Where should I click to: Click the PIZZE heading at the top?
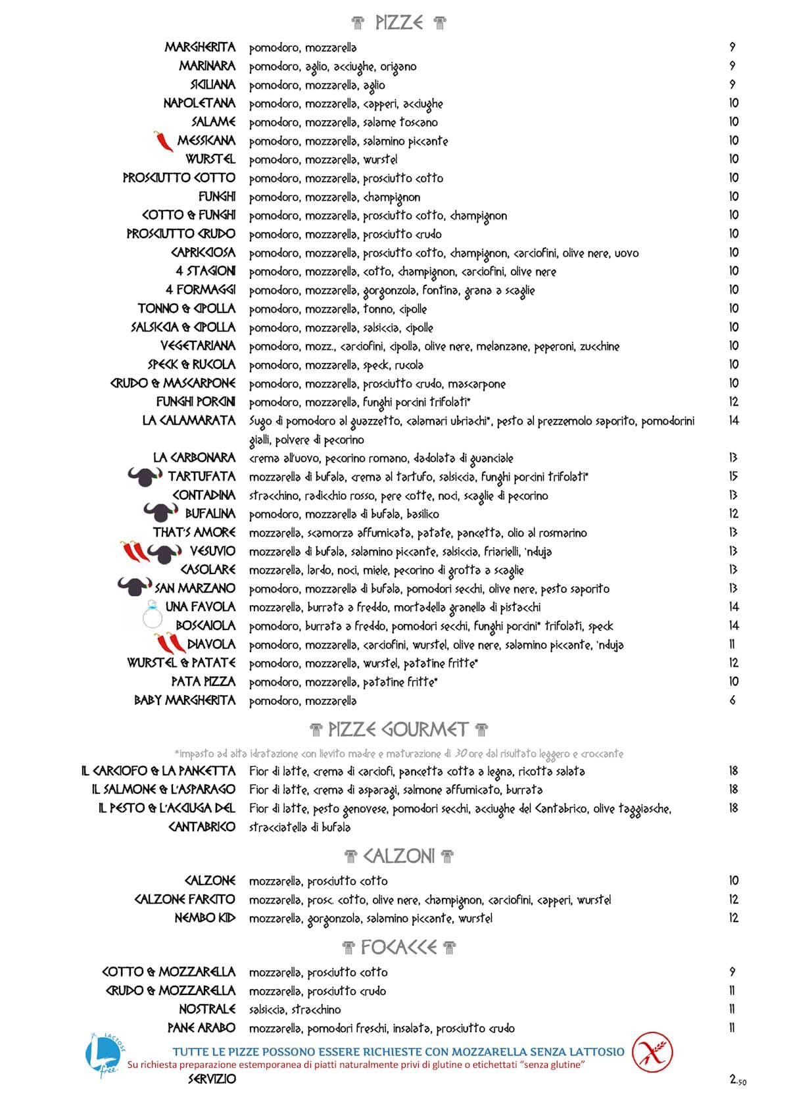pyautogui.click(x=398, y=23)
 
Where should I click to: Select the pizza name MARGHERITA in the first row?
pyautogui.click(x=200, y=47)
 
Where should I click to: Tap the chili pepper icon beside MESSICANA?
pyautogui.click(x=163, y=141)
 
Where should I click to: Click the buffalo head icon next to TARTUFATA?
pyautogui.click(x=144, y=476)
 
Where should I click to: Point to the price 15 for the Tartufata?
pyautogui.click(x=733, y=476)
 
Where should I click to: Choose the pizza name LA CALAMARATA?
pyautogui.click(x=189, y=420)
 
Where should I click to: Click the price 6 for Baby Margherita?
pyautogui.click(x=732, y=700)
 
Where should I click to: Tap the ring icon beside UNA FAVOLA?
pyautogui.click(x=152, y=616)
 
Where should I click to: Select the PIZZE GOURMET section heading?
pyautogui.click(x=398, y=729)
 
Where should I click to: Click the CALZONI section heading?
pyautogui.click(x=398, y=856)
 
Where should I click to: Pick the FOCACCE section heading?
pyautogui.click(x=398, y=948)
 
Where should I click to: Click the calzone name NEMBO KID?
pyautogui.click(x=204, y=918)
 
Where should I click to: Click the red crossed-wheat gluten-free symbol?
pyautogui.click(x=652, y=1052)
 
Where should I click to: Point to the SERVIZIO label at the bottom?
pyautogui.click(x=212, y=1079)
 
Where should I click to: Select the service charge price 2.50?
pyautogui.click(x=738, y=1079)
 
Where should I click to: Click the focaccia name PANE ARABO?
pyautogui.click(x=201, y=1028)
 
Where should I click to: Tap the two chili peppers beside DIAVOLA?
pyautogui.click(x=170, y=644)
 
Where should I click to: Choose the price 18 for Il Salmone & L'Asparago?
pyautogui.click(x=733, y=789)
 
